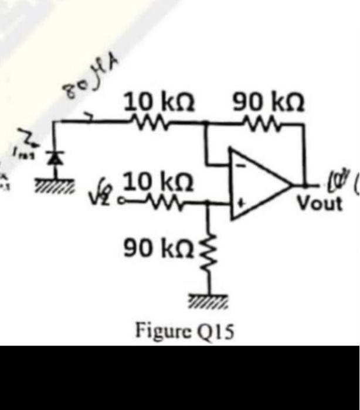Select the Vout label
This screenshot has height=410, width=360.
319,204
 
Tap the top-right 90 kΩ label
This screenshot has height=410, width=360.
269,104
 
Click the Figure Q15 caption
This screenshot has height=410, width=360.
185,331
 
